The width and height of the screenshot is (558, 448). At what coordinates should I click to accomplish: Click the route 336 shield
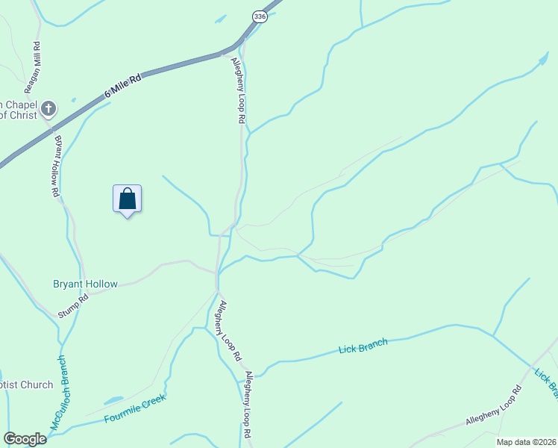pyautogui.click(x=259, y=16)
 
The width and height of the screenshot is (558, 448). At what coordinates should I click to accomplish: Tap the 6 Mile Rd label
pyautogui.click(x=122, y=84)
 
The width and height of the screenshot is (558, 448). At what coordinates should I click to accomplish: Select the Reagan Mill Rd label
pyautogui.click(x=32, y=67)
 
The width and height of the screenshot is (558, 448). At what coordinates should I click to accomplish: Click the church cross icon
pyautogui.click(x=48, y=109)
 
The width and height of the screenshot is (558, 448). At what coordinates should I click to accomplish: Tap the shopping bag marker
pyautogui.click(x=128, y=199)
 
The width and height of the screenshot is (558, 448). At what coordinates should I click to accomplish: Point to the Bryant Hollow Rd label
pyautogui.click(x=57, y=165)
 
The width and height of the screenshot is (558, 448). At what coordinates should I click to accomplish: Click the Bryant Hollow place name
pyautogui.click(x=85, y=284)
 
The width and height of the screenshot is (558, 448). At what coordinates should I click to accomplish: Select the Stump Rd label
pyautogui.click(x=73, y=306)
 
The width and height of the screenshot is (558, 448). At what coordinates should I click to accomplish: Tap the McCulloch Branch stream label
pyautogui.click(x=59, y=392)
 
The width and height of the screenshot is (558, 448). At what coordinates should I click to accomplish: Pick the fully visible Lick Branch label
pyautogui.click(x=363, y=346)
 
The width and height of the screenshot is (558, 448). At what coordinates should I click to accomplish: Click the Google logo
pyautogui.click(x=25, y=438)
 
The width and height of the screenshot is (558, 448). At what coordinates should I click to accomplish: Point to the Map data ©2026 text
pyautogui.click(x=525, y=442)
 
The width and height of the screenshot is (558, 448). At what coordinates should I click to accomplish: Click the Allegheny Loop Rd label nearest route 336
pyautogui.click(x=238, y=90)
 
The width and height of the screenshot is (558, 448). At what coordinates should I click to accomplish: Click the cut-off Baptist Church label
pyautogui.click(x=27, y=385)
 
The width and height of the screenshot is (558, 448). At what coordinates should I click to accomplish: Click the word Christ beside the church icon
pyautogui.click(x=20, y=114)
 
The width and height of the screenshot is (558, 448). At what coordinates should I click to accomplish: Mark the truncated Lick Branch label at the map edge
pyautogui.click(x=547, y=381)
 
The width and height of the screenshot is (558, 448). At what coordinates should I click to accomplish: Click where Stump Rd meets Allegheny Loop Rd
pyautogui.click(x=216, y=273)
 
